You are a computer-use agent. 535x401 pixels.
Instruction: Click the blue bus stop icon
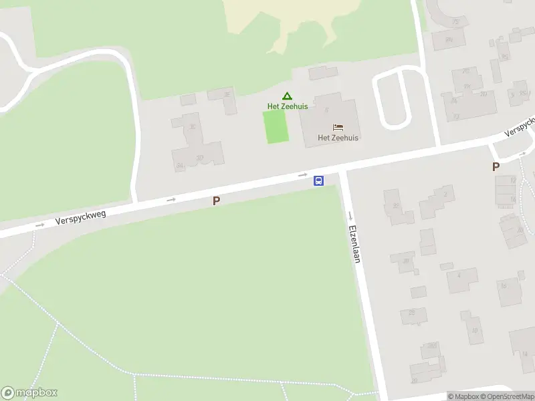319,180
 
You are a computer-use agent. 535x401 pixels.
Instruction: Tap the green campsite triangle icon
287,96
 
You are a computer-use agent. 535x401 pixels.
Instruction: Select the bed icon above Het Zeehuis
338,127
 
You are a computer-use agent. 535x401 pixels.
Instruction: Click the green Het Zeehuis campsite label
288,106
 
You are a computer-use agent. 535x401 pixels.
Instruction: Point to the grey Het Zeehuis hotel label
338,138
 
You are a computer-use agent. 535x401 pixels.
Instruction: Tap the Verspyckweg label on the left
81,215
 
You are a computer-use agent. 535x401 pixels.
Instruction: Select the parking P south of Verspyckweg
216,200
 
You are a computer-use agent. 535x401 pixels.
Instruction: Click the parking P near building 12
496,167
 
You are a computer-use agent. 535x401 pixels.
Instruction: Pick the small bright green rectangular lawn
276,126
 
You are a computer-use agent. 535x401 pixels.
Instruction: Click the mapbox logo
29,393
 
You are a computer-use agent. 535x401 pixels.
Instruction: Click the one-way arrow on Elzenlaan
350,215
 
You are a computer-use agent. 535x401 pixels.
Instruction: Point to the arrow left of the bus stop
303,176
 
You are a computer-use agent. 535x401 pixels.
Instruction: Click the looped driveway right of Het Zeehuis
392,100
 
